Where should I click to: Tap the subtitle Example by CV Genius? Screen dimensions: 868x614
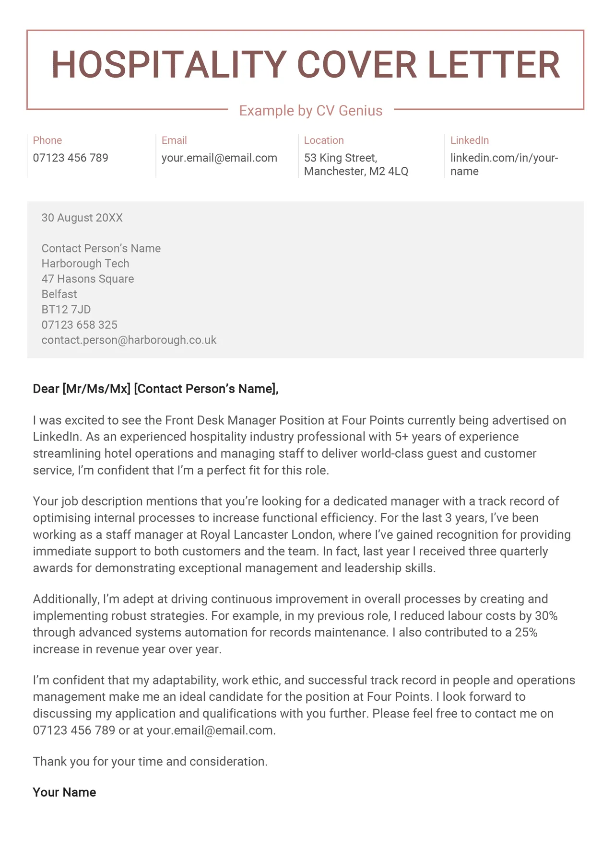(x=311, y=111)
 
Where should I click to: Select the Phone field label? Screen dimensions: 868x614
(x=47, y=140)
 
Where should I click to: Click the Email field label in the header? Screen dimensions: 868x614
(x=174, y=140)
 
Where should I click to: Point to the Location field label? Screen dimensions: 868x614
(x=324, y=140)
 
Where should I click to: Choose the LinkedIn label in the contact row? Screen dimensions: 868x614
(x=469, y=140)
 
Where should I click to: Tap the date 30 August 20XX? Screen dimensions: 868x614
(x=82, y=218)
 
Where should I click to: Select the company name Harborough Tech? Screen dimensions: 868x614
(x=85, y=264)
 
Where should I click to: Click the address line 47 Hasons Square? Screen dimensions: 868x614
(x=88, y=279)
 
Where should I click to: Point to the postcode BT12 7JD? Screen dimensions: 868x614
(x=66, y=310)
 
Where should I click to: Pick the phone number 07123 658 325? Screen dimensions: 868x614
(x=79, y=325)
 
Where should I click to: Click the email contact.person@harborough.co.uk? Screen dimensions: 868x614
(x=129, y=340)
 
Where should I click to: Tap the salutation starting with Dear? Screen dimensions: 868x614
(x=155, y=389)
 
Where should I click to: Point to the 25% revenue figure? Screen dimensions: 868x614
(x=526, y=633)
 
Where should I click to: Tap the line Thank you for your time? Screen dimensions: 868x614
(x=150, y=762)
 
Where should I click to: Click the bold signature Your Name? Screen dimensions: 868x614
(x=64, y=792)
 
